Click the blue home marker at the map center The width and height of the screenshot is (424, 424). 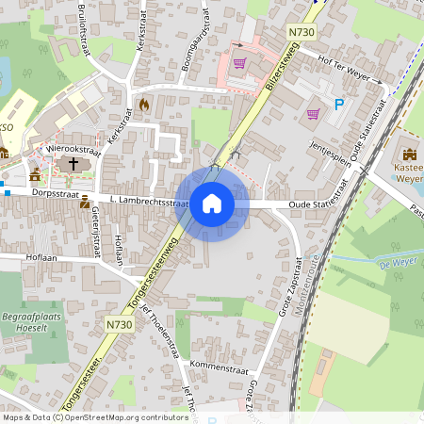[212, 204]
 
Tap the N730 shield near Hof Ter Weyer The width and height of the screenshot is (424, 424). [302, 32]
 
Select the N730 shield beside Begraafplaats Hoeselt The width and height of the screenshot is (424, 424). [120, 324]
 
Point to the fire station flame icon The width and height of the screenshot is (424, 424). [143, 105]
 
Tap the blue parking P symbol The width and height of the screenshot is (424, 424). [338, 105]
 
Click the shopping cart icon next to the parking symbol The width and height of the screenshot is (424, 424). [313, 114]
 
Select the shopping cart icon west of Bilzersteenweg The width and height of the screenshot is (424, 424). [239, 63]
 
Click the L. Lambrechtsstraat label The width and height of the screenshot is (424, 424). [142, 202]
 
